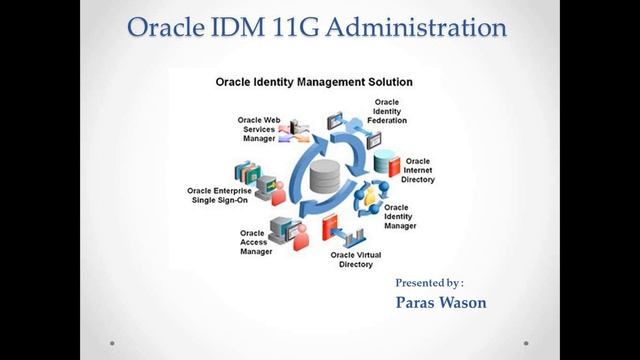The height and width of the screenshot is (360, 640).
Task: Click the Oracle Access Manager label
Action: click(x=256, y=242)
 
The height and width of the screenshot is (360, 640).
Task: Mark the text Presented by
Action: click(x=429, y=283)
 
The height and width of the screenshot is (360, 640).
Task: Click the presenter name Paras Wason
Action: click(x=441, y=302)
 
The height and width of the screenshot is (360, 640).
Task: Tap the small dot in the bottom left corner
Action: click(x=111, y=343)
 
